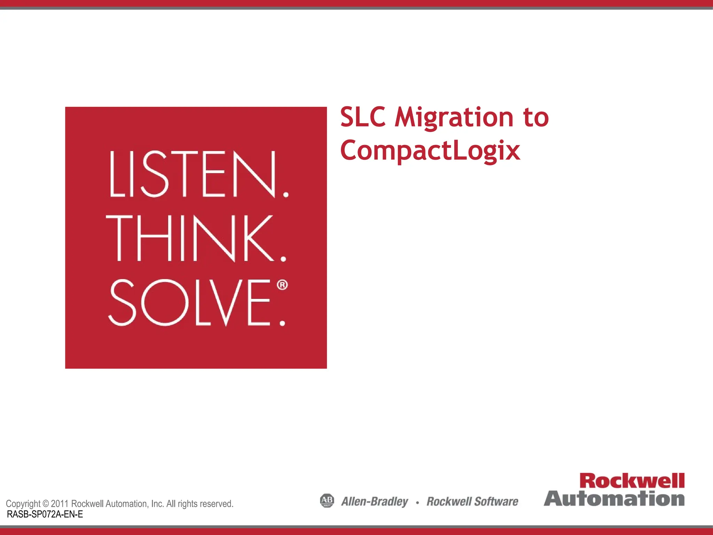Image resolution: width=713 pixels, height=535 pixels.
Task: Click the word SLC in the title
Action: pos(363,117)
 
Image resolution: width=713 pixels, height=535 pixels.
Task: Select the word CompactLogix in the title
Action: pos(430,150)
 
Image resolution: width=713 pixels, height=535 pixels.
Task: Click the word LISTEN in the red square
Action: pos(194,174)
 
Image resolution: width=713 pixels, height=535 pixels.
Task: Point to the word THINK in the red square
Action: pos(190,238)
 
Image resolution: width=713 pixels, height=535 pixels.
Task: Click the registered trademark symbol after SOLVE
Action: pos(282,285)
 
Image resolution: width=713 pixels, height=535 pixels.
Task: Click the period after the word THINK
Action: pos(283,259)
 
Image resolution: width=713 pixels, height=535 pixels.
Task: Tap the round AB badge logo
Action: pos(327,501)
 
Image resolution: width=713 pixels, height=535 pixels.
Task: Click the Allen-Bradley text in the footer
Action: pos(375,502)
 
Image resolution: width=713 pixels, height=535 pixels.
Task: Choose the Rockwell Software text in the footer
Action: pos(472,502)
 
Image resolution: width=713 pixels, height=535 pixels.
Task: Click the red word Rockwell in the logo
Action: pos(632,481)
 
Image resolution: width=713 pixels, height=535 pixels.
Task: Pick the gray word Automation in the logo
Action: pos(614,498)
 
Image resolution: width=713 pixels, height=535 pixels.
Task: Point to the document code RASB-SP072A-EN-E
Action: pos(45,514)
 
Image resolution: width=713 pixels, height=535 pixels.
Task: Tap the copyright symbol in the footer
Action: pos(46,504)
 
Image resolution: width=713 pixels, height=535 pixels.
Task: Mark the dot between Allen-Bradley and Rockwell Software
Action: pos(417,502)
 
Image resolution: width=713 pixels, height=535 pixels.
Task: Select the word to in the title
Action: pos(536,118)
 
